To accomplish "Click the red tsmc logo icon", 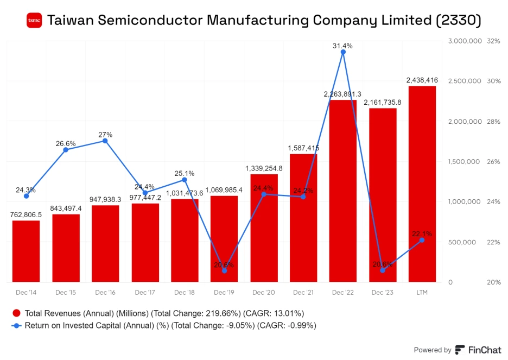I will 34,21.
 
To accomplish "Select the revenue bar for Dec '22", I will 343,190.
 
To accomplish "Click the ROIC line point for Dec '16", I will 105,141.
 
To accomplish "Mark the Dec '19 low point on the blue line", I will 224,270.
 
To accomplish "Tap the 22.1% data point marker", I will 422,240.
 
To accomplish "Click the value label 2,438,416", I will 422,80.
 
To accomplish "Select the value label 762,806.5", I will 26,214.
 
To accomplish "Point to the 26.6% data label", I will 66,143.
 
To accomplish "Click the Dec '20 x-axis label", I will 264,293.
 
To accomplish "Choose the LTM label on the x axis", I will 422,293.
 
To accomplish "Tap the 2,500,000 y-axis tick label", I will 465,81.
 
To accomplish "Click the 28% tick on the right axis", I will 493,121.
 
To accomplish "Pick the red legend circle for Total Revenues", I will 16,313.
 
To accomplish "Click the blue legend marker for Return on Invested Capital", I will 16,326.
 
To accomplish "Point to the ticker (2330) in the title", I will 459,21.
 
